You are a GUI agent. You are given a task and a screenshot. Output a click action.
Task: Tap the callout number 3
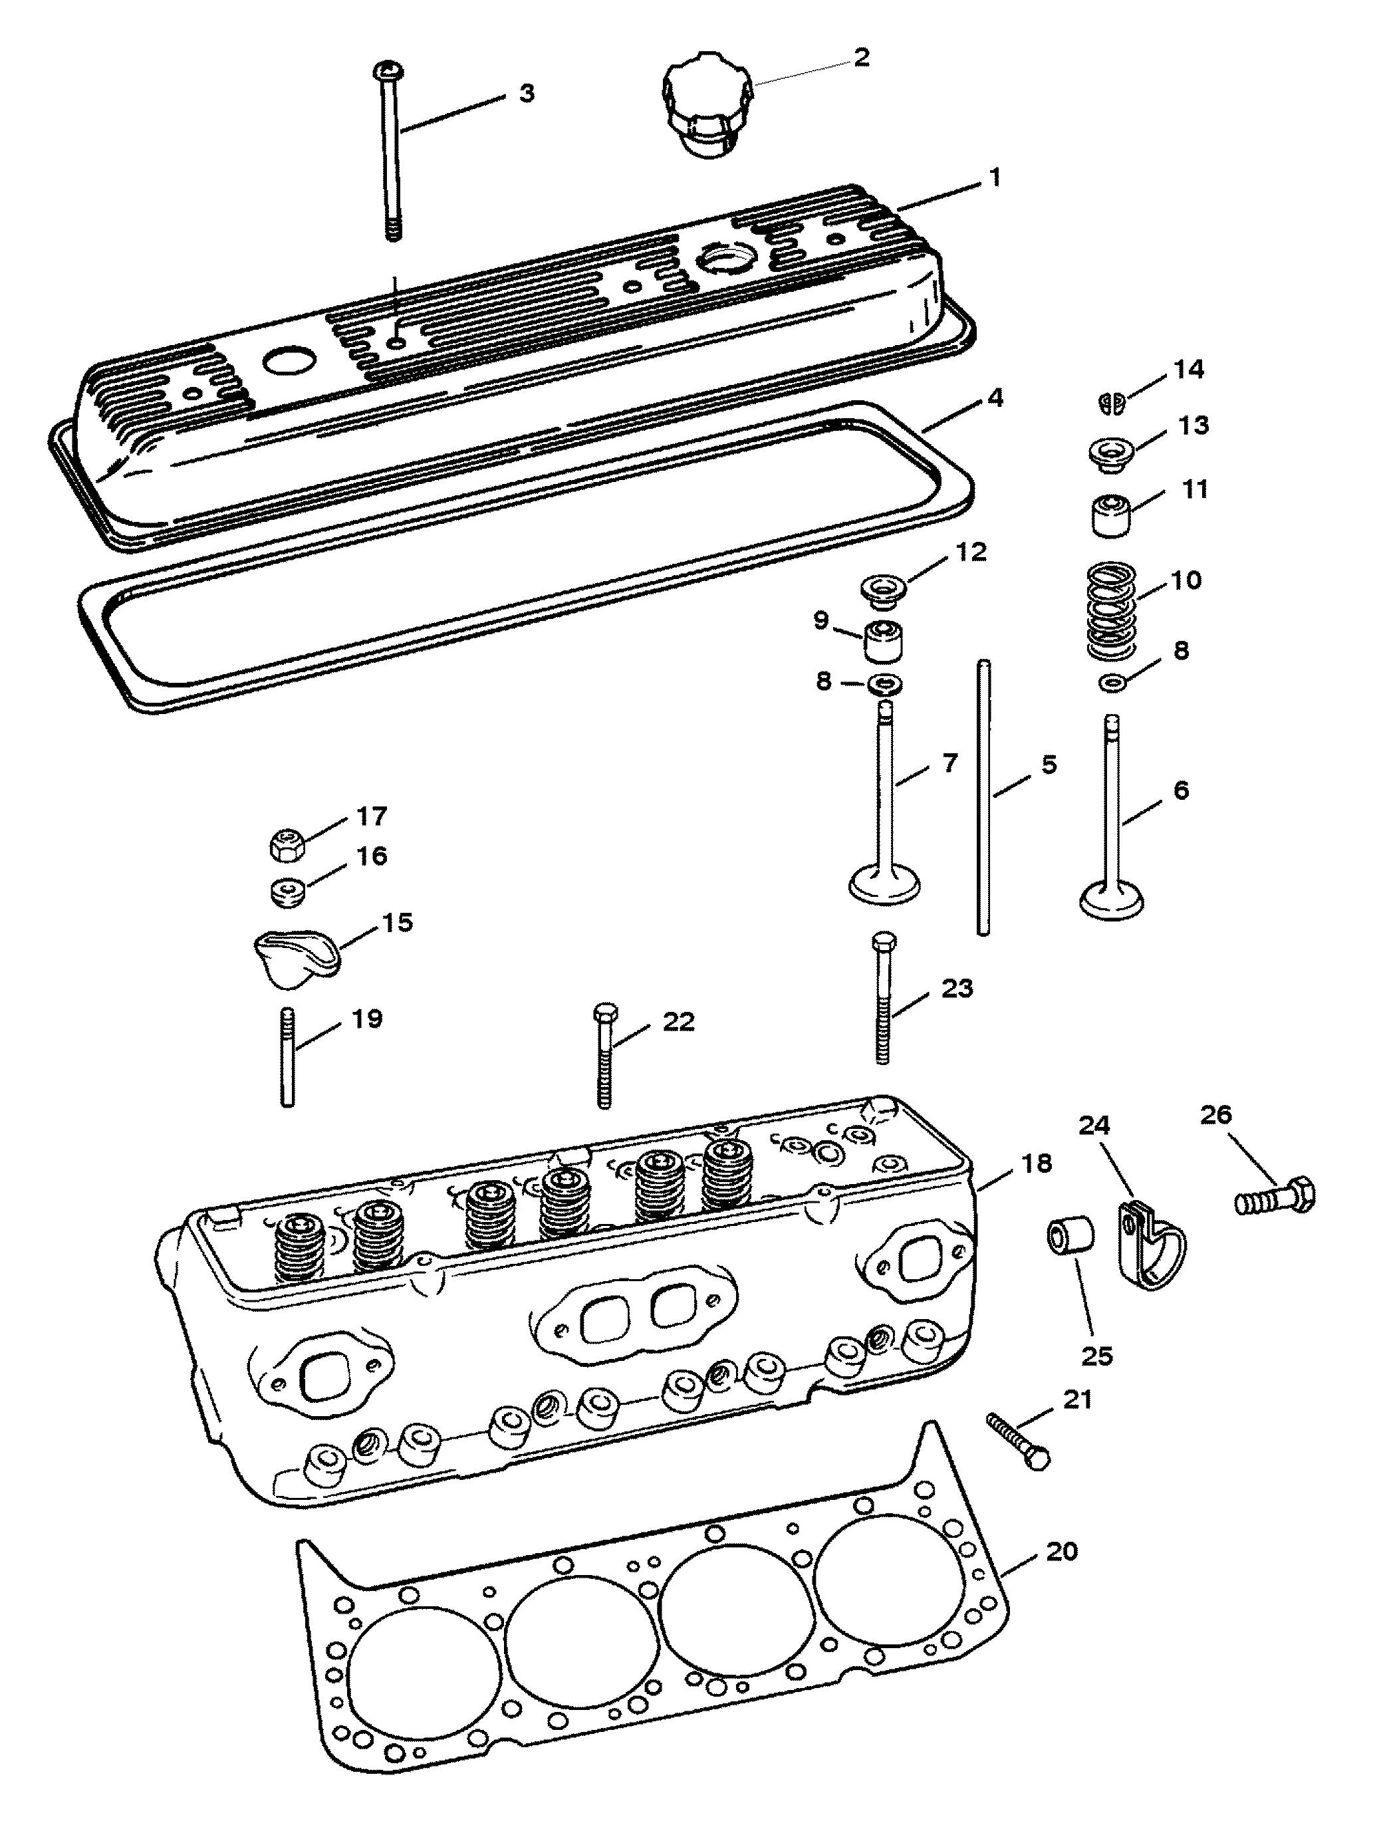(x=526, y=93)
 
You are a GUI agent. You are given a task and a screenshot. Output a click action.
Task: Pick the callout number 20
(x=1061, y=1552)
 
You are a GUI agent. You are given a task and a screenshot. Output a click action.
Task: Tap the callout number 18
(x=1037, y=1164)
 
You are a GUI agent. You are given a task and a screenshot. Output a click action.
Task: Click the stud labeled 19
(x=288, y=1056)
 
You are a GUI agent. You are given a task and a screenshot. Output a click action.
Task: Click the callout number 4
(x=995, y=398)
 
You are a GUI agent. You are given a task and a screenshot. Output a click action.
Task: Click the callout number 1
(x=995, y=178)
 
